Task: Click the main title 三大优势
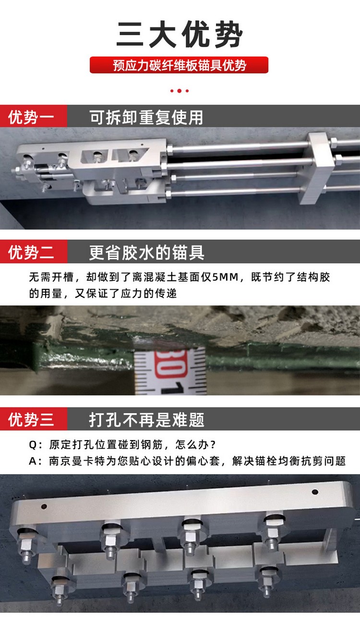pos(180,35)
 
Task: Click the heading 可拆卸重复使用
pos(146,118)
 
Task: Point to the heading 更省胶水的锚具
pos(147,252)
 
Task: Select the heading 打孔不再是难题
pos(147,420)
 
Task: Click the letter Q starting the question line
pos(33,445)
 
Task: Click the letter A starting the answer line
pos(33,461)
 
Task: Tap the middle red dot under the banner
pos(180,91)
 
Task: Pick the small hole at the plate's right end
pos(314,491)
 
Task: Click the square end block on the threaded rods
pos(321,168)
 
